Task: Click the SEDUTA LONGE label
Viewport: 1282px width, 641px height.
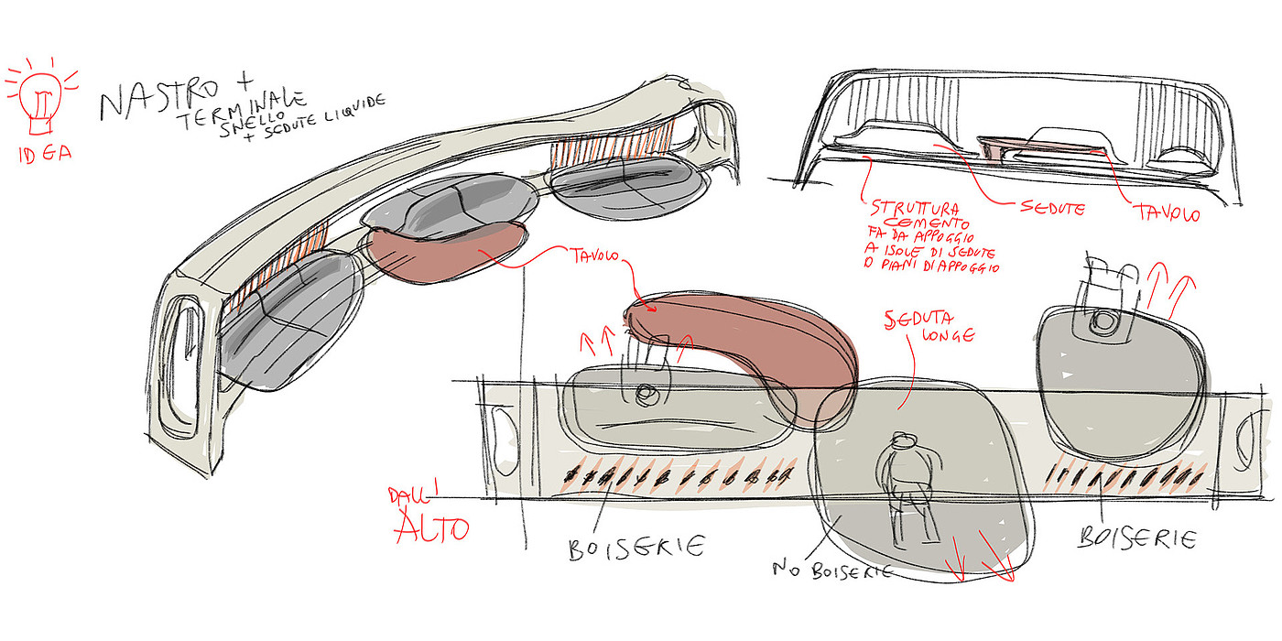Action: point(927,328)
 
